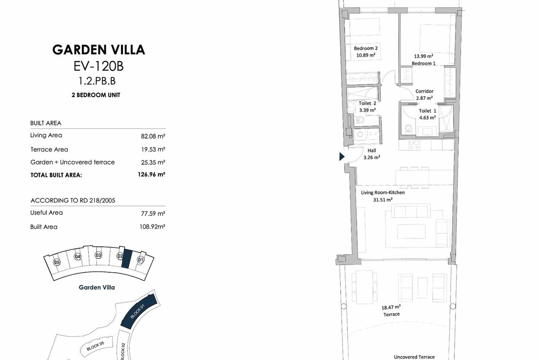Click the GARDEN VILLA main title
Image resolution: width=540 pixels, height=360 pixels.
click(99, 49)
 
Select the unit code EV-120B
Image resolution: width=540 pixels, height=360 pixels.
click(99, 66)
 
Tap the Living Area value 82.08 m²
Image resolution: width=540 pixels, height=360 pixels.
click(153, 136)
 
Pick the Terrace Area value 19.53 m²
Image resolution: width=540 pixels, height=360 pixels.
click(153, 149)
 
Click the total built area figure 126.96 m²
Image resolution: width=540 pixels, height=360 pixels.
click(151, 174)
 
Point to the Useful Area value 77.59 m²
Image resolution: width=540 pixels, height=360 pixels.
click(153, 214)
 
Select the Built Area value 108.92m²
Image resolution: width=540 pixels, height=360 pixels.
click(153, 227)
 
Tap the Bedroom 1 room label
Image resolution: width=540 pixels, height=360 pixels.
click(423, 63)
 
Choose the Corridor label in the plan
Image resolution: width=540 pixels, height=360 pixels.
click(424, 91)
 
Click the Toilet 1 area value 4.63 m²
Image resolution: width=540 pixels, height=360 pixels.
click(427, 117)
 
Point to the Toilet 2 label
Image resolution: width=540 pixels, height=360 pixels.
click(367, 103)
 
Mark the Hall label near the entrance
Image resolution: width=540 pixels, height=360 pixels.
click(372, 150)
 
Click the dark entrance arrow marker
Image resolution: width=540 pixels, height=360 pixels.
click(342, 157)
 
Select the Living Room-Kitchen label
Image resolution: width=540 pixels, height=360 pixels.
click(383, 193)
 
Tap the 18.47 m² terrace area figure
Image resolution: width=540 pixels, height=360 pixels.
click(391, 307)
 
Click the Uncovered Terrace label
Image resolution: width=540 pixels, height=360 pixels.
click(414, 357)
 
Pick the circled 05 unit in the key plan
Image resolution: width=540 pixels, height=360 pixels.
click(57, 262)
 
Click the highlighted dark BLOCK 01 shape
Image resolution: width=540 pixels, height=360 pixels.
click(139, 311)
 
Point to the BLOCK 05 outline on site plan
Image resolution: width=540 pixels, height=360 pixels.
click(95, 346)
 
